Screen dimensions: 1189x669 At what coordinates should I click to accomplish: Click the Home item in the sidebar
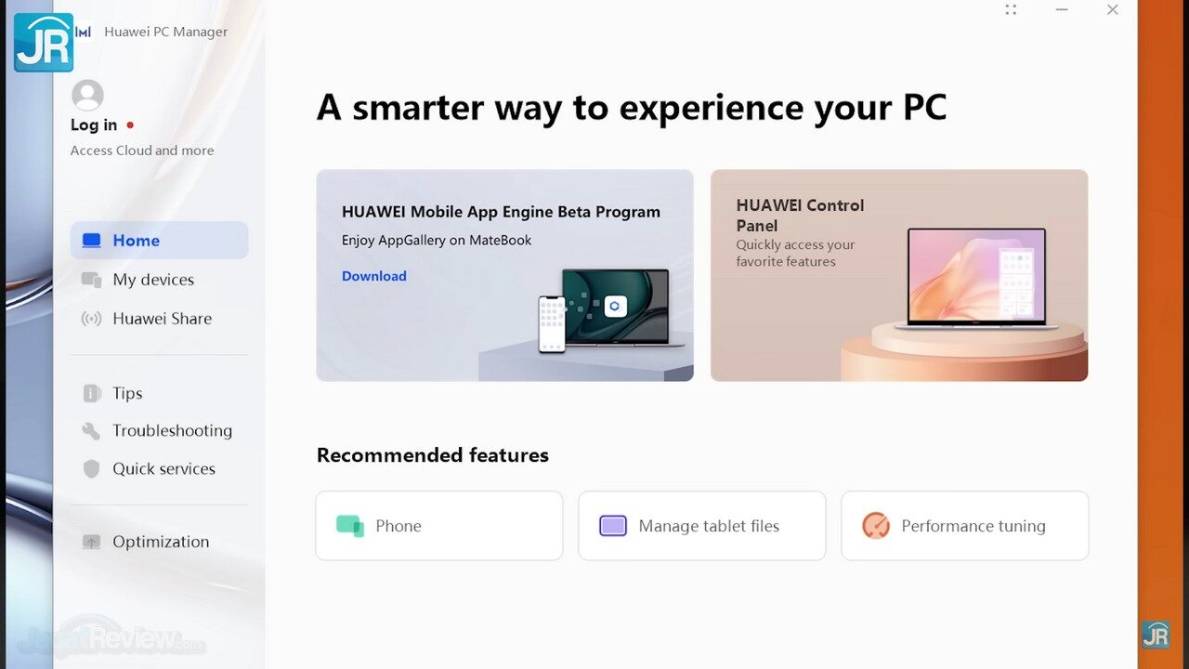[159, 241]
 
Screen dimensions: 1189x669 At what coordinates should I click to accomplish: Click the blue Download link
[374, 276]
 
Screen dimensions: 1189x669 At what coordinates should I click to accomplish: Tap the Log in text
[94, 125]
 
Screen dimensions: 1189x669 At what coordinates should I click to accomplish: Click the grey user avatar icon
[87, 96]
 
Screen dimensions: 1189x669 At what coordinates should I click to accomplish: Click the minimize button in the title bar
[1062, 9]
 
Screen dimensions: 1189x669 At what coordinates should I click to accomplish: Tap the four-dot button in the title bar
[1011, 9]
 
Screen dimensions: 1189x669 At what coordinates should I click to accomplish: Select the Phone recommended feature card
[439, 526]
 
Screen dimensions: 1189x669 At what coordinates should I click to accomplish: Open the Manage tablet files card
[701, 526]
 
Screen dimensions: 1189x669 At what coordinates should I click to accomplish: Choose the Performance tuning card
[965, 526]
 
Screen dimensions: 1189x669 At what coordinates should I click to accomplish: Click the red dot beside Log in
[130, 125]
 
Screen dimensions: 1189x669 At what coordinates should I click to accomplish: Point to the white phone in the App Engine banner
[552, 324]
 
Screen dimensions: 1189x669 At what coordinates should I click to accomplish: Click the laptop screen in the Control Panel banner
[976, 276]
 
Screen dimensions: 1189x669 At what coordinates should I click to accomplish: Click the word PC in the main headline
[925, 108]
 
